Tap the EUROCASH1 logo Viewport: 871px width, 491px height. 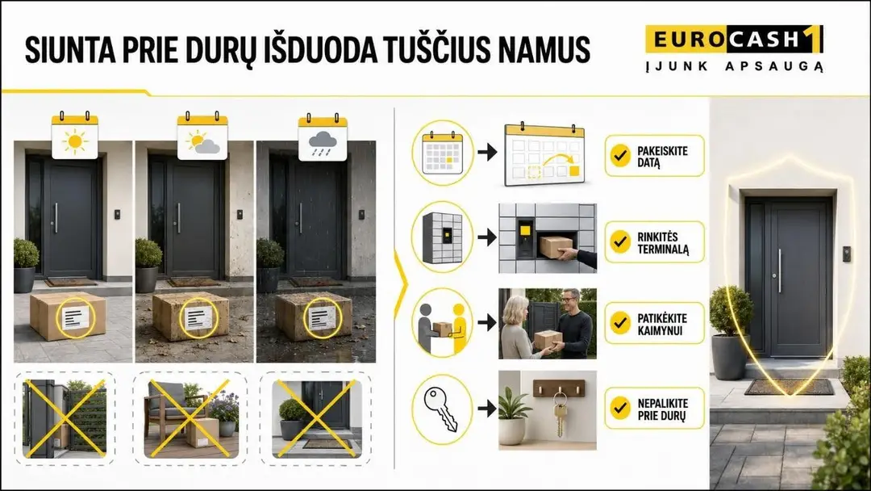pyautogui.click(x=734, y=39)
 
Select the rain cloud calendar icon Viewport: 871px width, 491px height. pyautogui.click(x=323, y=136)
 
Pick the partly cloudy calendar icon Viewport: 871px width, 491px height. pyautogui.click(x=202, y=136)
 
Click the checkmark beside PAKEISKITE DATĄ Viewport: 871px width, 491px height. pyautogui.click(x=620, y=156)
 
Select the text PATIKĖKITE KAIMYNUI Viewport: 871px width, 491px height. pyautogui.click(x=661, y=324)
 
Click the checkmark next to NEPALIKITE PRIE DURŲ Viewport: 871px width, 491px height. pyautogui.click(x=620, y=409)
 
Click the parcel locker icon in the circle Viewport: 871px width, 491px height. pyautogui.click(x=443, y=237)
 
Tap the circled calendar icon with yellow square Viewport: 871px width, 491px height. pyautogui.click(x=443, y=152)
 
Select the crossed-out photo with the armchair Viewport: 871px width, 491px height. pyautogui.click(x=190, y=418)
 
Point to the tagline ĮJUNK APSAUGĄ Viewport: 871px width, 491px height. pyautogui.click(x=734, y=67)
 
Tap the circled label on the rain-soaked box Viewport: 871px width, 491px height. pyautogui.click(x=322, y=317)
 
